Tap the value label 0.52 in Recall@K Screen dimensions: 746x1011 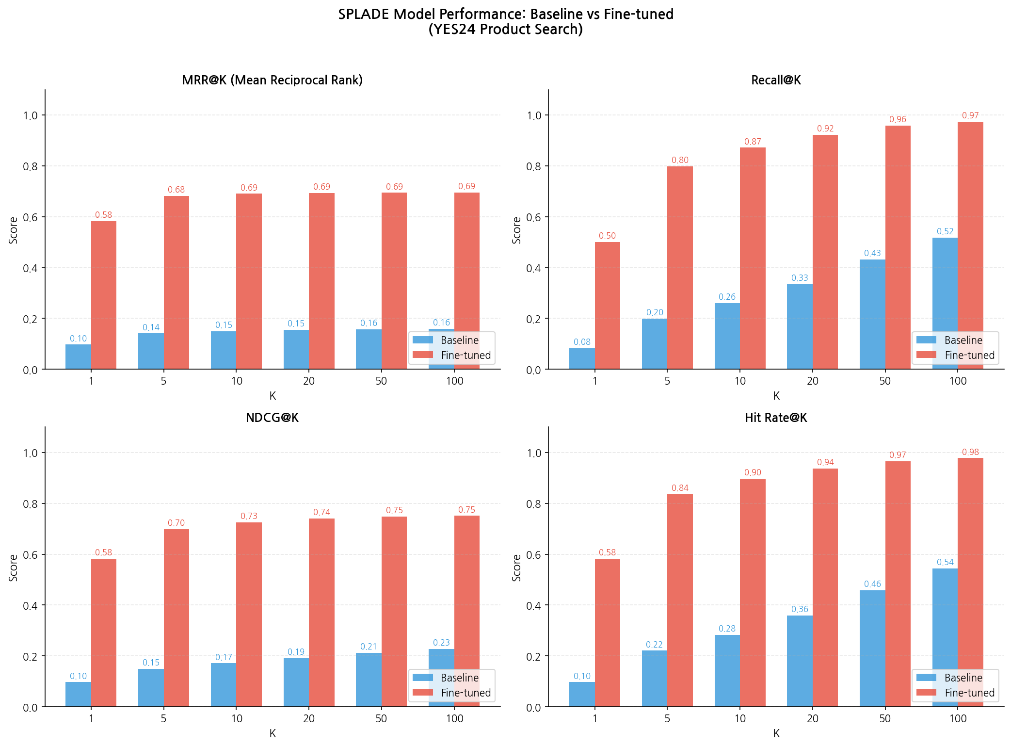pyautogui.click(x=945, y=231)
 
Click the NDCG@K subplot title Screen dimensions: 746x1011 pyautogui.click(x=272, y=418)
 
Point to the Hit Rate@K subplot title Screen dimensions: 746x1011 pyautogui.click(x=776, y=418)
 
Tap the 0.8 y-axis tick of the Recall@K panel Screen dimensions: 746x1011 pyautogui.click(x=533, y=166)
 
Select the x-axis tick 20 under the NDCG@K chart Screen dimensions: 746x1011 pyautogui.click(x=309, y=718)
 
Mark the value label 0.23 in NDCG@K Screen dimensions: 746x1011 pyautogui.click(x=441, y=643)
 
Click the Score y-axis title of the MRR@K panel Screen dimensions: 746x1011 pyautogui.click(x=14, y=230)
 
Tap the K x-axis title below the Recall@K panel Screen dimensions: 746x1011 pyautogui.click(x=776, y=396)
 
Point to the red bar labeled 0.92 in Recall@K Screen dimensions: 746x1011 pyautogui.click(x=825, y=252)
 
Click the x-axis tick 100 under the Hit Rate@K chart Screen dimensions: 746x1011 pyautogui.click(x=958, y=718)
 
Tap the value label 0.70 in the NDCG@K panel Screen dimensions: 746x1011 pyautogui.click(x=176, y=523)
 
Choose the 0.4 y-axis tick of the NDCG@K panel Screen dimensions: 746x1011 pyautogui.click(x=30, y=605)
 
